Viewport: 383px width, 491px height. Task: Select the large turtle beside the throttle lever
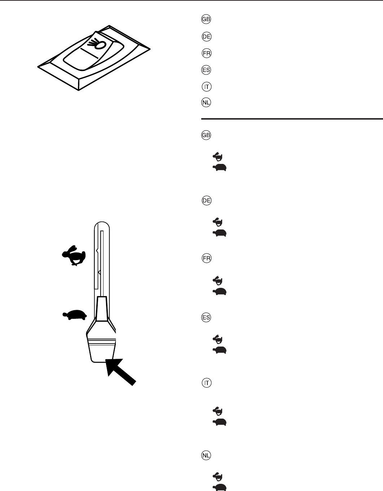pos(75,315)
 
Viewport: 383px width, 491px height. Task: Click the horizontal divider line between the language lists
pos(292,118)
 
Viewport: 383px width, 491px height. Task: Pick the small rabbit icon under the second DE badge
pos(218,221)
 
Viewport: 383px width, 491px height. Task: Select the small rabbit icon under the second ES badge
pos(218,339)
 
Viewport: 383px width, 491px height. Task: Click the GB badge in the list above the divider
pos(206,20)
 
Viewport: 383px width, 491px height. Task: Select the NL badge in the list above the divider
pos(206,103)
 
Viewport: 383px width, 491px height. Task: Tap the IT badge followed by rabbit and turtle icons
pos(206,383)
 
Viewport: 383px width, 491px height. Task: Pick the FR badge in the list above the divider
pos(206,53)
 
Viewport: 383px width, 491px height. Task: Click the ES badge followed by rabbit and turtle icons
pos(206,318)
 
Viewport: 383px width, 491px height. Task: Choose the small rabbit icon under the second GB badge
pos(218,156)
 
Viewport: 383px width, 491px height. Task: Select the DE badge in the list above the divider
pos(206,37)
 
